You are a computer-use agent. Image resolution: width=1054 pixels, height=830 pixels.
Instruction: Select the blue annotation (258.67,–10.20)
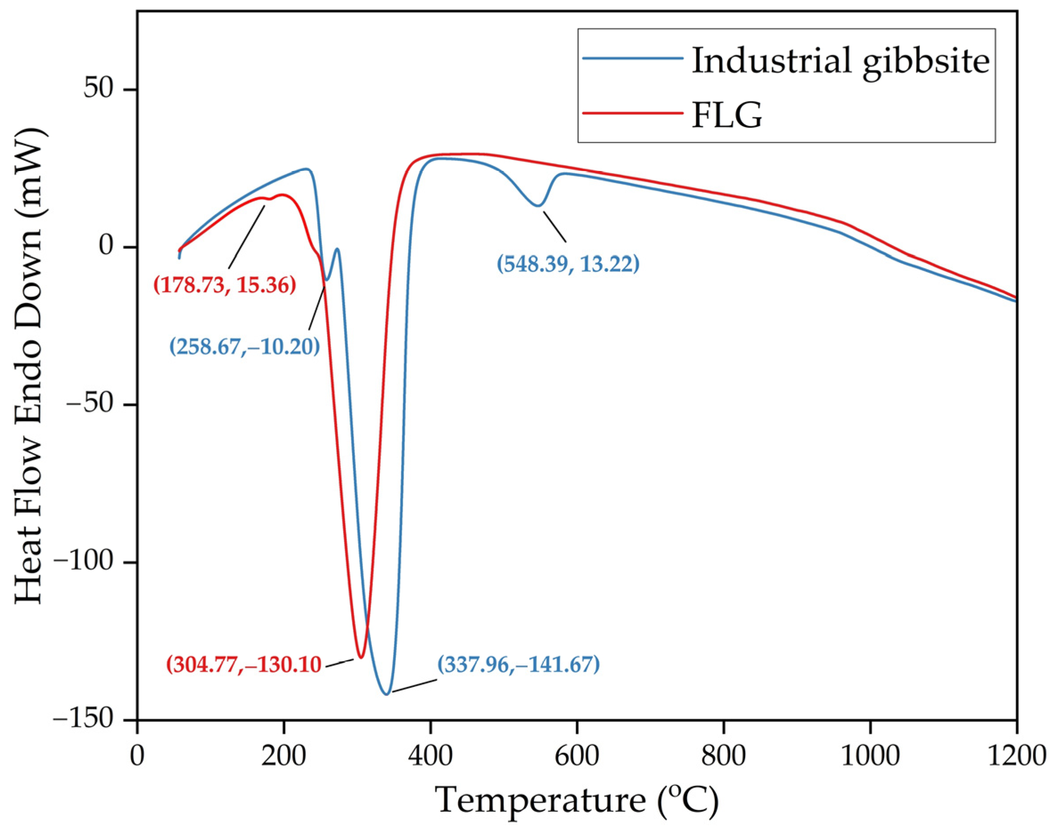tap(245, 347)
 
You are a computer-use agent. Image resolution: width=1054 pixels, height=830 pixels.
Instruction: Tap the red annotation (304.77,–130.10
tap(244, 664)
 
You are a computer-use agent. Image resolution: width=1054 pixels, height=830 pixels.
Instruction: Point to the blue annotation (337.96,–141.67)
tap(518, 664)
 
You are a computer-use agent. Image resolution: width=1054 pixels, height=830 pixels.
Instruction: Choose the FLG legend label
tap(727, 116)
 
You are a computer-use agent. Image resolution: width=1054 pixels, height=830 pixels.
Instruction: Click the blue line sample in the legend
tap(632, 58)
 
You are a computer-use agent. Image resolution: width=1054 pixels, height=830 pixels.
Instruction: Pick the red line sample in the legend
tap(632, 113)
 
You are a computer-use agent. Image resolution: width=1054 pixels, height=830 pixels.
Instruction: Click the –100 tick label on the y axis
tap(88, 562)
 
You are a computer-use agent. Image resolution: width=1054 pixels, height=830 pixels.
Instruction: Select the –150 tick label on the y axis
tap(88, 720)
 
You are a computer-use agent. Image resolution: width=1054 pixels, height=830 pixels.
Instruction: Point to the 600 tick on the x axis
tap(577, 756)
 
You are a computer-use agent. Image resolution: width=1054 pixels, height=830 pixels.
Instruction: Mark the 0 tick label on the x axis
tap(138, 756)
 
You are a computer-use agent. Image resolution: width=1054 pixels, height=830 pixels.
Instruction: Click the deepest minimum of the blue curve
tap(386, 695)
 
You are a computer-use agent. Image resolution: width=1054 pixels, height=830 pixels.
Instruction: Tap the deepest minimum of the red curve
tap(360, 658)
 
